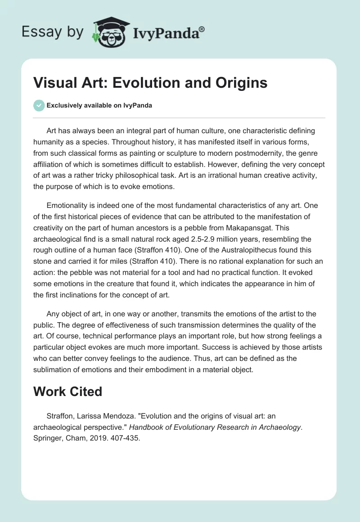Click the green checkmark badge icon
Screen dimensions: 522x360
[39, 105]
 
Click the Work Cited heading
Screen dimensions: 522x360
[68, 391]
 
